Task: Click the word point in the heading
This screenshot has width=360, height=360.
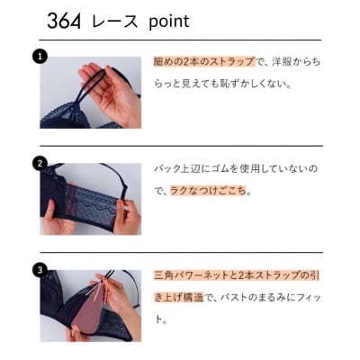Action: click(169, 21)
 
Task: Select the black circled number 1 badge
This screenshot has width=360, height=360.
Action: click(40, 56)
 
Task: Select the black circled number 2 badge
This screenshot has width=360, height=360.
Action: click(40, 163)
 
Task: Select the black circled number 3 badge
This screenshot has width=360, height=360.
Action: click(40, 268)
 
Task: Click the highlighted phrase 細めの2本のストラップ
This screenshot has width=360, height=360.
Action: click(203, 62)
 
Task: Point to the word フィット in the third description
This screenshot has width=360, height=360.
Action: click(304, 296)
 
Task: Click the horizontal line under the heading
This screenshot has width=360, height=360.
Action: click(180, 40)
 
